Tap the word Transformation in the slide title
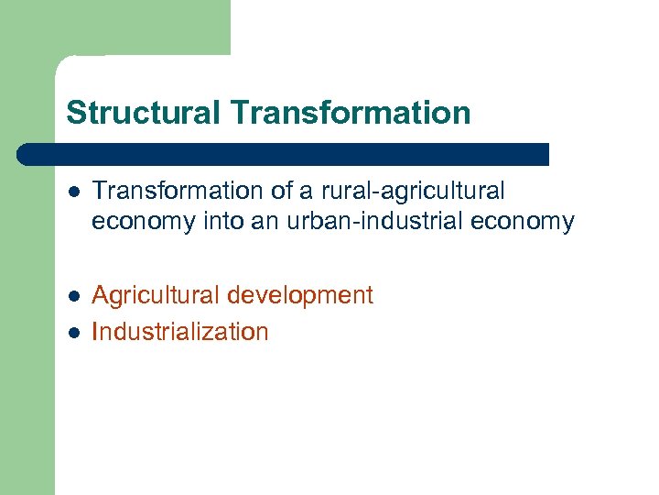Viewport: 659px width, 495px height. [x=351, y=114]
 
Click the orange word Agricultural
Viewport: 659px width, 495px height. [x=157, y=296]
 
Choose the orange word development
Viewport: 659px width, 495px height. [x=300, y=296]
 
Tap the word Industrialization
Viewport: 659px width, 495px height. [x=180, y=332]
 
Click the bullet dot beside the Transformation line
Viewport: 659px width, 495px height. [x=73, y=192]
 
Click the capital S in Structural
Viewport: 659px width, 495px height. [x=75, y=114]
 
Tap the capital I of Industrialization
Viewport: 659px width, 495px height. [x=96, y=332]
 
